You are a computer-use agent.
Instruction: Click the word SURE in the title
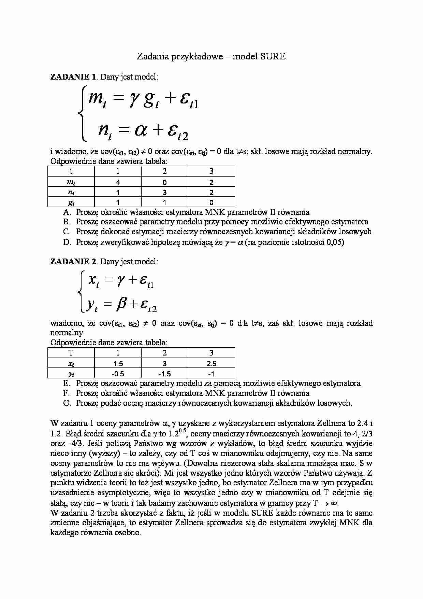(273, 57)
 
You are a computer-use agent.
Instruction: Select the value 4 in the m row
(118, 182)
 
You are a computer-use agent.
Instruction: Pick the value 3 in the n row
(164, 192)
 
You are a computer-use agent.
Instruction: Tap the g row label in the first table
(71, 203)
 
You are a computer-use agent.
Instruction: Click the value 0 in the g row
(211, 203)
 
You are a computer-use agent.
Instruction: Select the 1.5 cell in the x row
(118, 364)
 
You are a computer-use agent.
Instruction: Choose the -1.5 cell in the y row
(164, 374)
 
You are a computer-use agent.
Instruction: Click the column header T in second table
(71, 353)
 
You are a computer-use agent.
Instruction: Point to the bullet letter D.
(67, 242)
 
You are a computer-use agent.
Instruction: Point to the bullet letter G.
(67, 403)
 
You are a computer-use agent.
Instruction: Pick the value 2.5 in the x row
(211, 364)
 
